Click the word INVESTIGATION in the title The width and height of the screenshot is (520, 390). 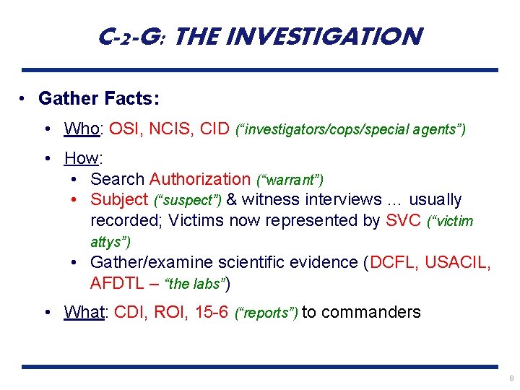click(x=339, y=35)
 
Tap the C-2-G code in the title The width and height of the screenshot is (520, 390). click(x=134, y=35)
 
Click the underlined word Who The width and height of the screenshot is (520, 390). click(x=82, y=129)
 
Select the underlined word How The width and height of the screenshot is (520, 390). click(x=82, y=157)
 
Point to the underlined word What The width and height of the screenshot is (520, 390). click(x=84, y=312)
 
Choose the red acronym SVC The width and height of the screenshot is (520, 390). click(x=404, y=220)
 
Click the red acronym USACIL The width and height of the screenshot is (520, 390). click(x=456, y=261)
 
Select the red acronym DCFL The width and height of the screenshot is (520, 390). click(x=394, y=261)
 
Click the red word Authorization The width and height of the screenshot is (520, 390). click(x=200, y=178)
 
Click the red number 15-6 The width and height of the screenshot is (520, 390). click(x=212, y=312)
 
